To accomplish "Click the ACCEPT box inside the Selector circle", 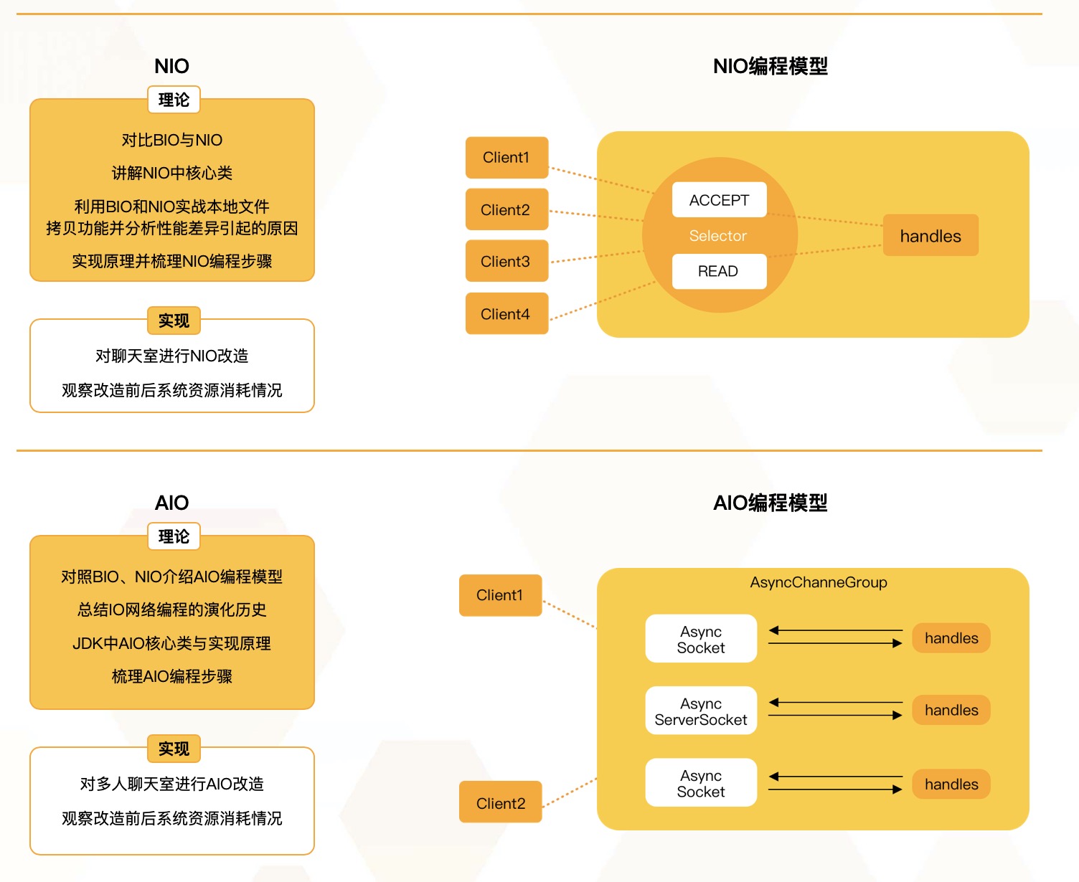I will (x=719, y=200).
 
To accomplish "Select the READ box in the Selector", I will (x=718, y=271).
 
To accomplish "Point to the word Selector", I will (x=717, y=236).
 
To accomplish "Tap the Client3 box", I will (x=506, y=262).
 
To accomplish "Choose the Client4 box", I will (x=506, y=314).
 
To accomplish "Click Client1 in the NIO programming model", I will (x=506, y=158).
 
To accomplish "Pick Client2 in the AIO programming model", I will (x=501, y=803).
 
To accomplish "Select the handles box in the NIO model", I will (x=930, y=236).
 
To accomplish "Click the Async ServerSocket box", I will (x=701, y=711).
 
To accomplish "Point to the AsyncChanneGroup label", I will (x=819, y=582).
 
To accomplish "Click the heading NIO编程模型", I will (x=770, y=66).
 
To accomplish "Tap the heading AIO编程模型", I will (x=770, y=503).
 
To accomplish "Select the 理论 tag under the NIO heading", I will (x=174, y=100).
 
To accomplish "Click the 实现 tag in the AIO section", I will (x=174, y=749).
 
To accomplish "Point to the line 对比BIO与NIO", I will (x=172, y=140).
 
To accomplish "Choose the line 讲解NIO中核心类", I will (x=172, y=173).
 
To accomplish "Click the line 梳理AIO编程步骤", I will (x=172, y=676).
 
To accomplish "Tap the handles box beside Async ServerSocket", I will (x=951, y=710).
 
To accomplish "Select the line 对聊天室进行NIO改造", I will (x=172, y=356).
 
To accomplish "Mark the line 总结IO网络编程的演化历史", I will (x=172, y=610).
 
